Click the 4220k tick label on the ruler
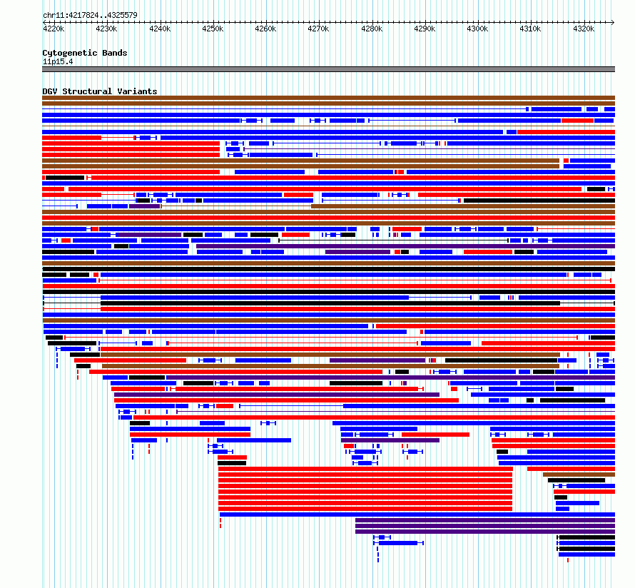pyautogui.click(x=54, y=29)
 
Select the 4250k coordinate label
pyautogui.click(x=213, y=29)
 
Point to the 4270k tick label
pyautogui.click(x=318, y=29)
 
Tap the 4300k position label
pyautogui.click(x=477, y=29)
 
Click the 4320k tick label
pyautogui.click(x=584, y=29)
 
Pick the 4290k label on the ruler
pyautogui.click(x=425, y=29)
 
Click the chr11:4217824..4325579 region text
pyautogui.click(x=91, y=16)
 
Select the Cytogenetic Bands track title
pyautogui.click(x=85, y=53)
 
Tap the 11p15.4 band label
pyautogui.click(x=58, y=61)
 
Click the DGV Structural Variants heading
pyautogui.click(x=100, y=91)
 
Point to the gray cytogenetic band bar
pyautogui.click(x=328, y=69)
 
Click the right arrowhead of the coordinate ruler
pyautogui.click(x=614, y=22)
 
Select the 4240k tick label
pyautogui.click(x=160, y=29)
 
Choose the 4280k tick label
pyautogui.click(x=372, y=29)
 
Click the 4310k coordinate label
pyautogui.click(x=530, y=29)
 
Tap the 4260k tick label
pyautogui.click(x=265, y=29)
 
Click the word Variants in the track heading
pyautogui.click(x=137, y=91)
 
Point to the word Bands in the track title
pyautogui.click(x=115, y=53)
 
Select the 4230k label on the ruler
pyautogui.click(x=106, y=29)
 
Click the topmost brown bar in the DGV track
pyautogui.click(x=328, y=98)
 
